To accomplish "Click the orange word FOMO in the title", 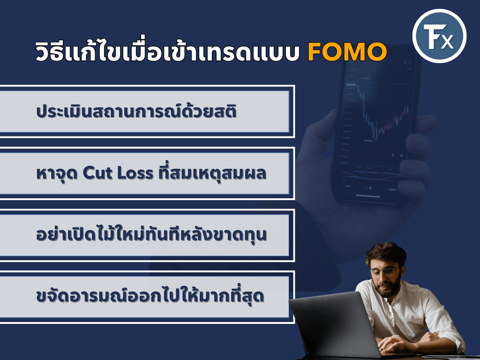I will pyautogui.click(x=347, y=52).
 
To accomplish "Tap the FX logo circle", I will pyautogui.click(x=439, y=36).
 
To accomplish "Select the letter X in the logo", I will pyautogui.click(x=447, y=42).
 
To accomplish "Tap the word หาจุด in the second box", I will pyautogui.click(x=57, y=173).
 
